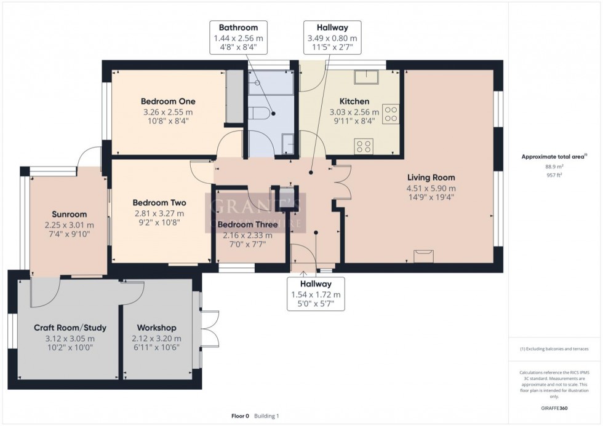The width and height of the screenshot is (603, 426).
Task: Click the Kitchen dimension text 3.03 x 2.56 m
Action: (x=354, y=112)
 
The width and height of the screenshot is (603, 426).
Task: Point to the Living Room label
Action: (x=431, y=178)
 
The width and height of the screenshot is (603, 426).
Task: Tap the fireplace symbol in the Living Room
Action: (x=423, y=256)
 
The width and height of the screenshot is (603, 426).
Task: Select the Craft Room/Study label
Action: (x=70, y=328)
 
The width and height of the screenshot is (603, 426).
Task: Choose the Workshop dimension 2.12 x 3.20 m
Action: (x=156, y=338)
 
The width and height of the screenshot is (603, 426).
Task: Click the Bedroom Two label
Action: (x=159, y=203)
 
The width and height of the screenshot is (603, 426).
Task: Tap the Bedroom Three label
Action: (x=249, y=224)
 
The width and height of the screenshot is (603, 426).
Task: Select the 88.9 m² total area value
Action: (x=551, y=166)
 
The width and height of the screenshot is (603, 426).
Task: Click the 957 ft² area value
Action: (x=551, y=175)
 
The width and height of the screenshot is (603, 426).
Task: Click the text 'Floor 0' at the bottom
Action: (x=239, y=416)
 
